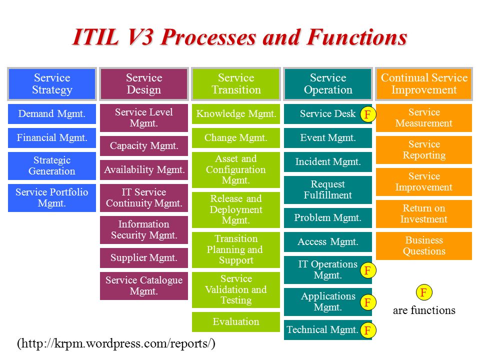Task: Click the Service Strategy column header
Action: pos(51,84)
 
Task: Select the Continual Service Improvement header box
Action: pos(424,84)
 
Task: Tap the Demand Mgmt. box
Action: pos(51,114)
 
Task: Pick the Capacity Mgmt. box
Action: pos(144,145)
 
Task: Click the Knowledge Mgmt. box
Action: pos(235,114)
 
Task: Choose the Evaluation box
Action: pos(235,321)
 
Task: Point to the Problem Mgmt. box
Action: pos(328,217)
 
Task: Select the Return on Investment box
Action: pos(424,213)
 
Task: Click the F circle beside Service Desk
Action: pos(367,114)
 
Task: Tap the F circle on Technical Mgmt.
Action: pos(367,330)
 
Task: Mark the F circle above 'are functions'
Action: pos(424,292)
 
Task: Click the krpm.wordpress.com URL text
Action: pos(116,343)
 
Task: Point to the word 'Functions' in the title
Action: pos(357,37)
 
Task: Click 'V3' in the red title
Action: pos(139,37)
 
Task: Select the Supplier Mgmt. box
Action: pos(144,258)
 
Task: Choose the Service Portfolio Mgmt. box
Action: pos(51,198)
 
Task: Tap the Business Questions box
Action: pos(424,246)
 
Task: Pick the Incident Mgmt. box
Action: pos(328,161)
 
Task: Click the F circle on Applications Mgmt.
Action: pos(367,302)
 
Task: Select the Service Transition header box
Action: pos(235,84)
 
